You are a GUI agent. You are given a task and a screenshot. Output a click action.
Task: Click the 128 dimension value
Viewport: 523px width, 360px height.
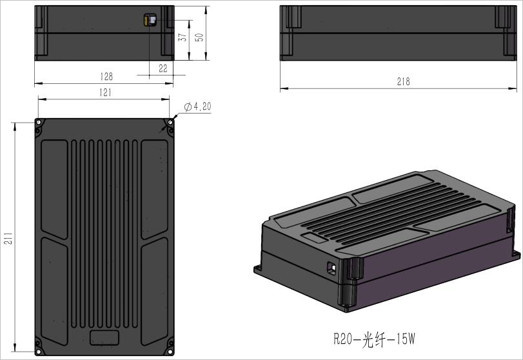106,77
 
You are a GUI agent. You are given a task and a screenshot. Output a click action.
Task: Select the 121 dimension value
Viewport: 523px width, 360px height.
105,92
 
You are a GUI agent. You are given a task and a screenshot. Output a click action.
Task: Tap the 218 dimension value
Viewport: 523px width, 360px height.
404,81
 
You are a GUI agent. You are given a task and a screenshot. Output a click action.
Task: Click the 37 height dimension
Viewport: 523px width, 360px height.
183,37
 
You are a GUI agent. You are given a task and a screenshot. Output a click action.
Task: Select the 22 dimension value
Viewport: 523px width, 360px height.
163,67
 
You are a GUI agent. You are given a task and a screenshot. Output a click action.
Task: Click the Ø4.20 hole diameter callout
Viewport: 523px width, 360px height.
197,107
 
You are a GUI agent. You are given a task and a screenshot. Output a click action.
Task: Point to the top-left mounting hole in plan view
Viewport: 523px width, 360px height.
39,122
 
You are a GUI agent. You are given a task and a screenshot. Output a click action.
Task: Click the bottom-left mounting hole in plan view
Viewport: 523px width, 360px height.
39,343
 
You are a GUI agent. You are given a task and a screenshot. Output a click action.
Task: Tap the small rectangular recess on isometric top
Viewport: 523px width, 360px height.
314,238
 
